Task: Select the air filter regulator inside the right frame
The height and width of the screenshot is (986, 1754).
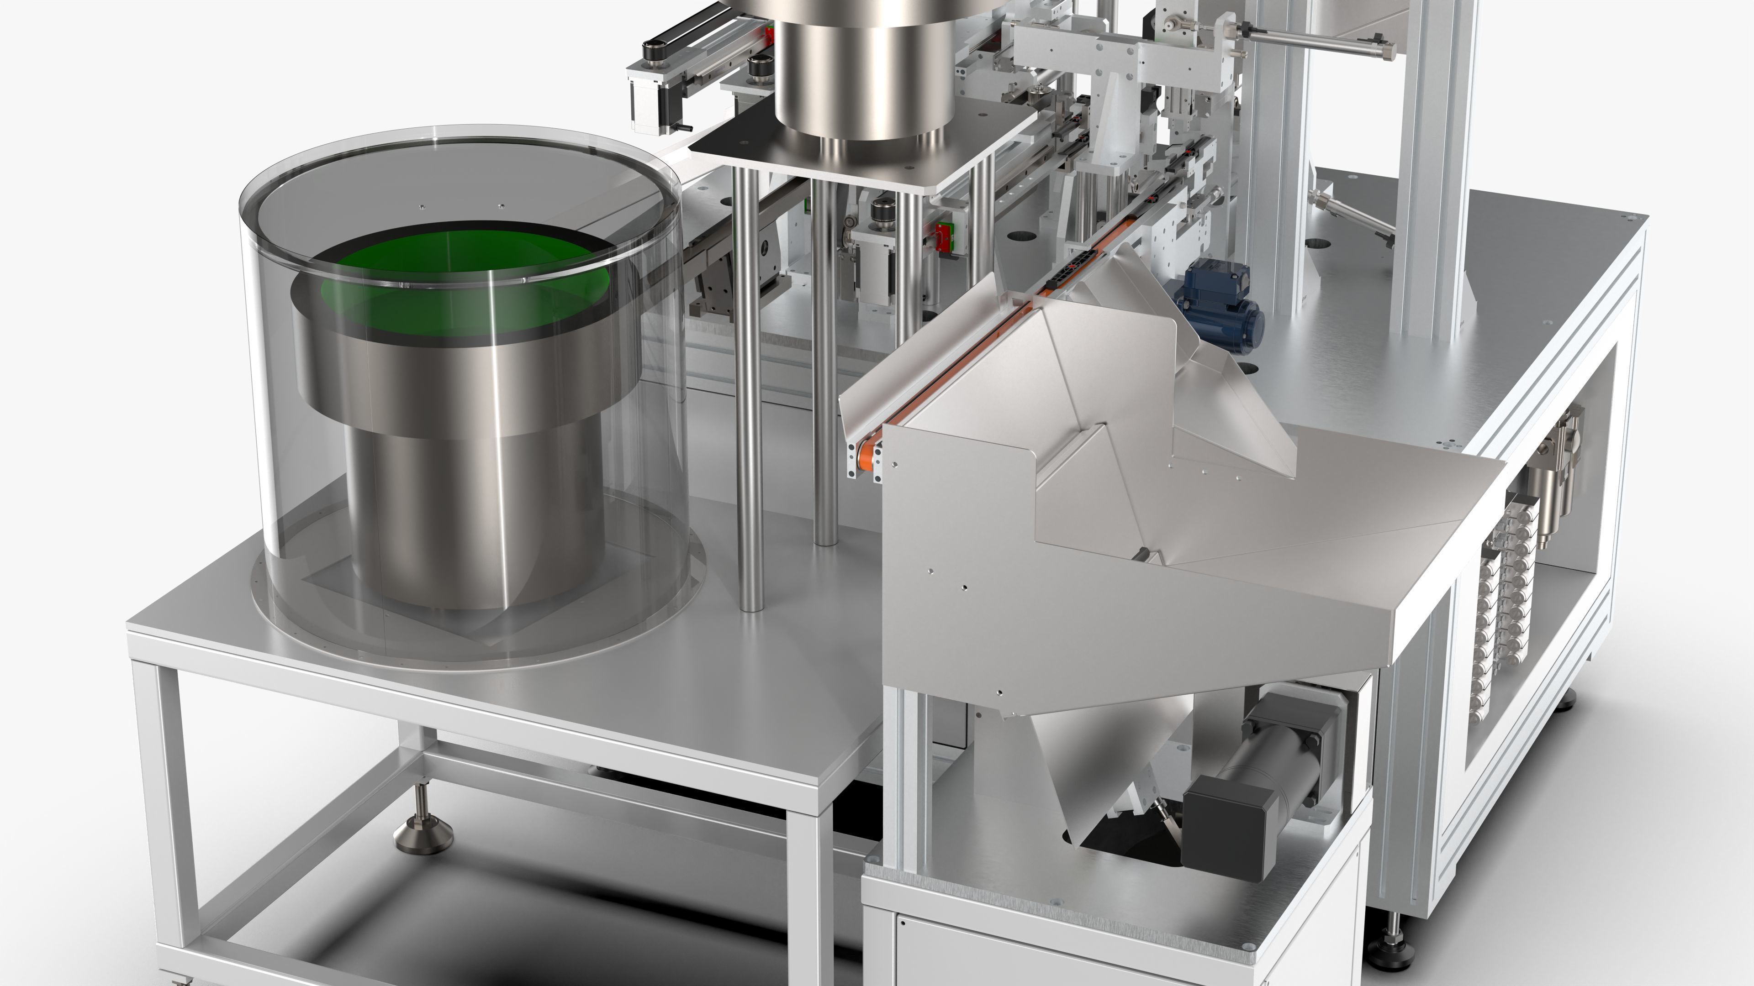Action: click(x=1559, y=476)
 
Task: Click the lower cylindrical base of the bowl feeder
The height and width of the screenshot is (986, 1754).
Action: click(x=476, y=517)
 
